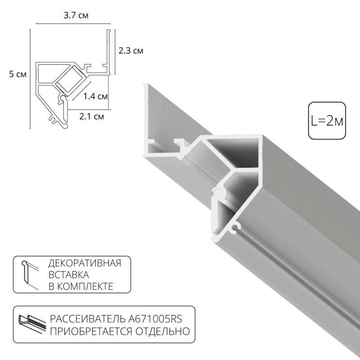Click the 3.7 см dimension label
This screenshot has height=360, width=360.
[x=76, y=16]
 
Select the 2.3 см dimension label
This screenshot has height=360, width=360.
[x=131, y=51]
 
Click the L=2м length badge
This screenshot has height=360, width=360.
[x=327, y=121]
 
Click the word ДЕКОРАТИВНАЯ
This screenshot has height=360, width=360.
[x=84, y=263]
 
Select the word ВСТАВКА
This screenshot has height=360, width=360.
[x=67, y=274]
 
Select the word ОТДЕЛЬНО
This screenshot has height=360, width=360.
[x=165, y=332]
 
